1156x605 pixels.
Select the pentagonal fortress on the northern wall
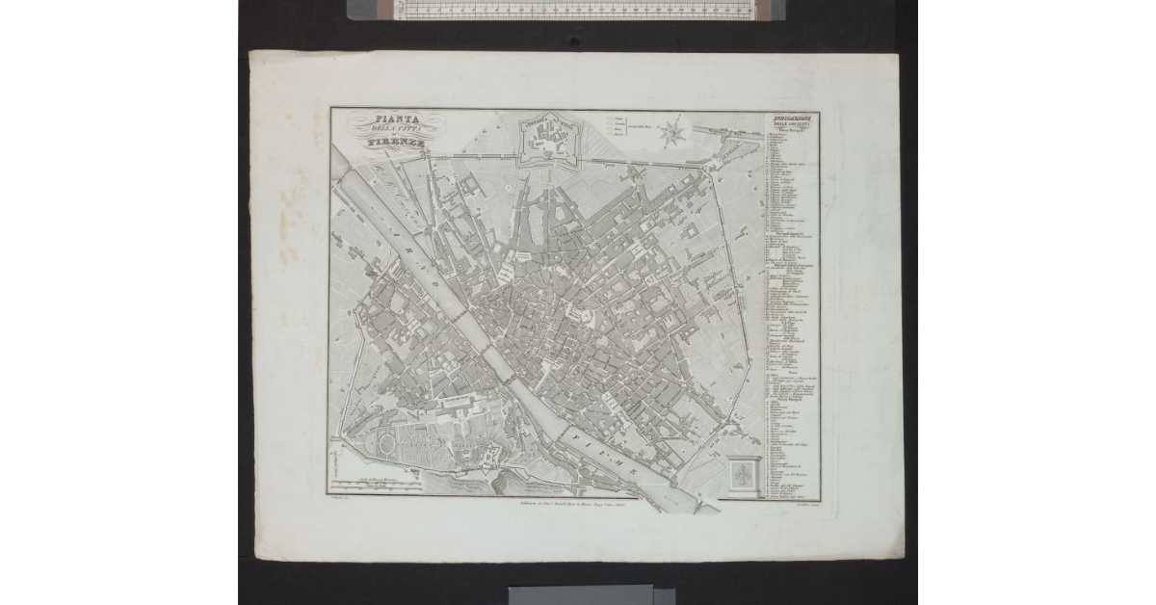point(551,140)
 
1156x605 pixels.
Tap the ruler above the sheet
point(566,10)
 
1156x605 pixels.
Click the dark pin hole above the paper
point(574,41)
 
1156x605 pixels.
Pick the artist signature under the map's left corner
point(338,504)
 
